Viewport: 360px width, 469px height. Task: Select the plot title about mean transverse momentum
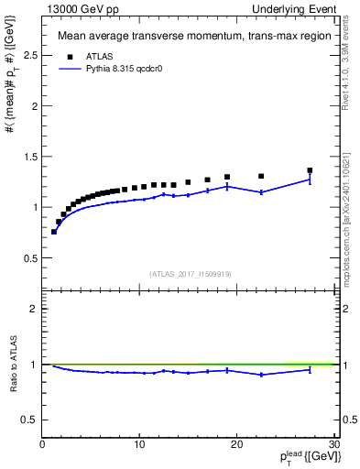tap(186, 38)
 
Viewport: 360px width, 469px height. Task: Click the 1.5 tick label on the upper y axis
tap(30, 157)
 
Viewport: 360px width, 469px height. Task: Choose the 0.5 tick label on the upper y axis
tap(30, 257)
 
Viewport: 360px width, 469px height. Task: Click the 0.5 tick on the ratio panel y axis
tap(30, 420)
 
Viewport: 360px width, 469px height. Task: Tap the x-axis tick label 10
tap(139, 444)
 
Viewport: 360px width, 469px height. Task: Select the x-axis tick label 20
tap(236, 444)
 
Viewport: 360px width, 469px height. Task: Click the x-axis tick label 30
tap(333, 444)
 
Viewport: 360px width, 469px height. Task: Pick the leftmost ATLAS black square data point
tap(54, 232)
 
